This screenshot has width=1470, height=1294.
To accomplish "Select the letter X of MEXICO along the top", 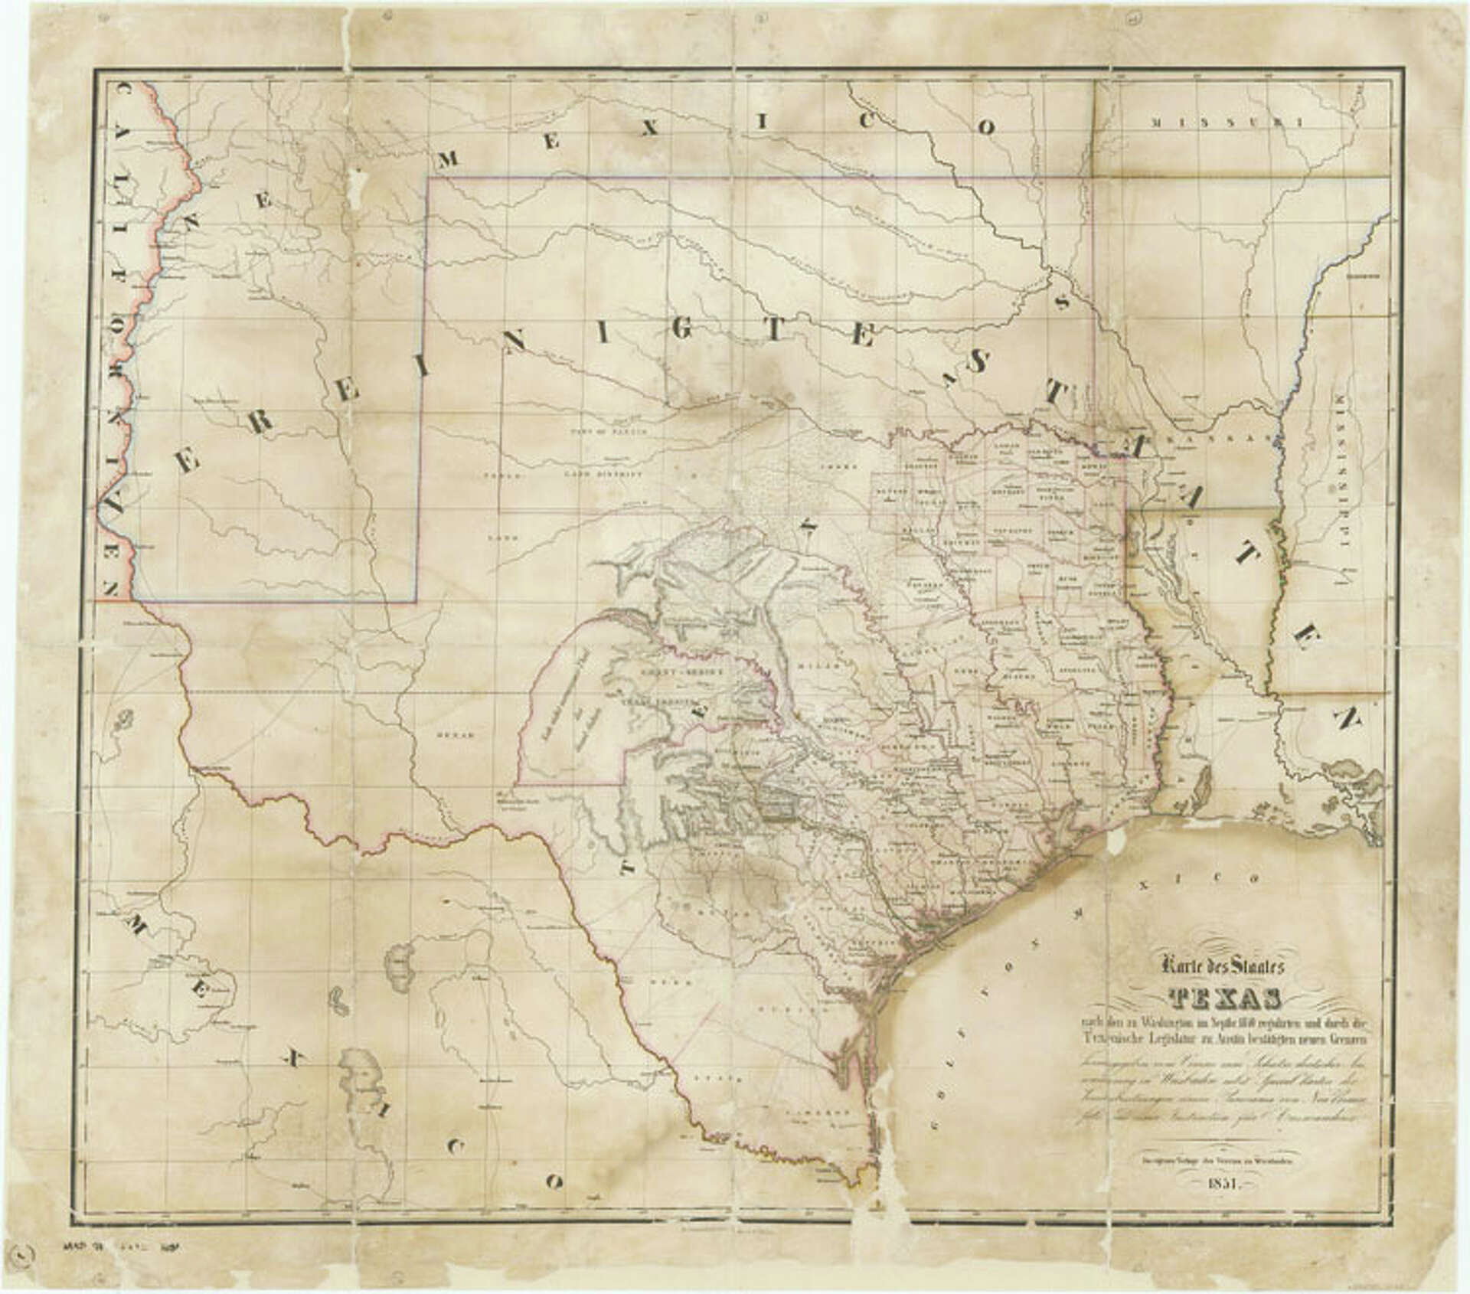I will pyautogui.click(x=650, y=132).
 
